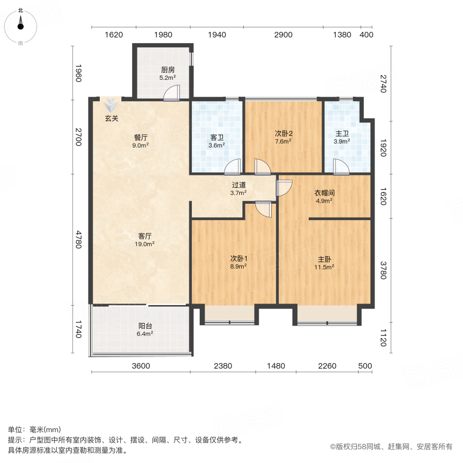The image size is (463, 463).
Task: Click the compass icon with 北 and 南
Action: click(x=21, y=26)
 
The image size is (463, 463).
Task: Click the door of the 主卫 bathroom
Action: click(x=340, y=166)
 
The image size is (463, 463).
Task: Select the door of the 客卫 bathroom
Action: click(x=233, y=166)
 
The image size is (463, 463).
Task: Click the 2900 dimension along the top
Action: click(x=283, y=35)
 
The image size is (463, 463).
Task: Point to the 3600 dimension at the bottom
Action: click(x=140, y=366)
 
